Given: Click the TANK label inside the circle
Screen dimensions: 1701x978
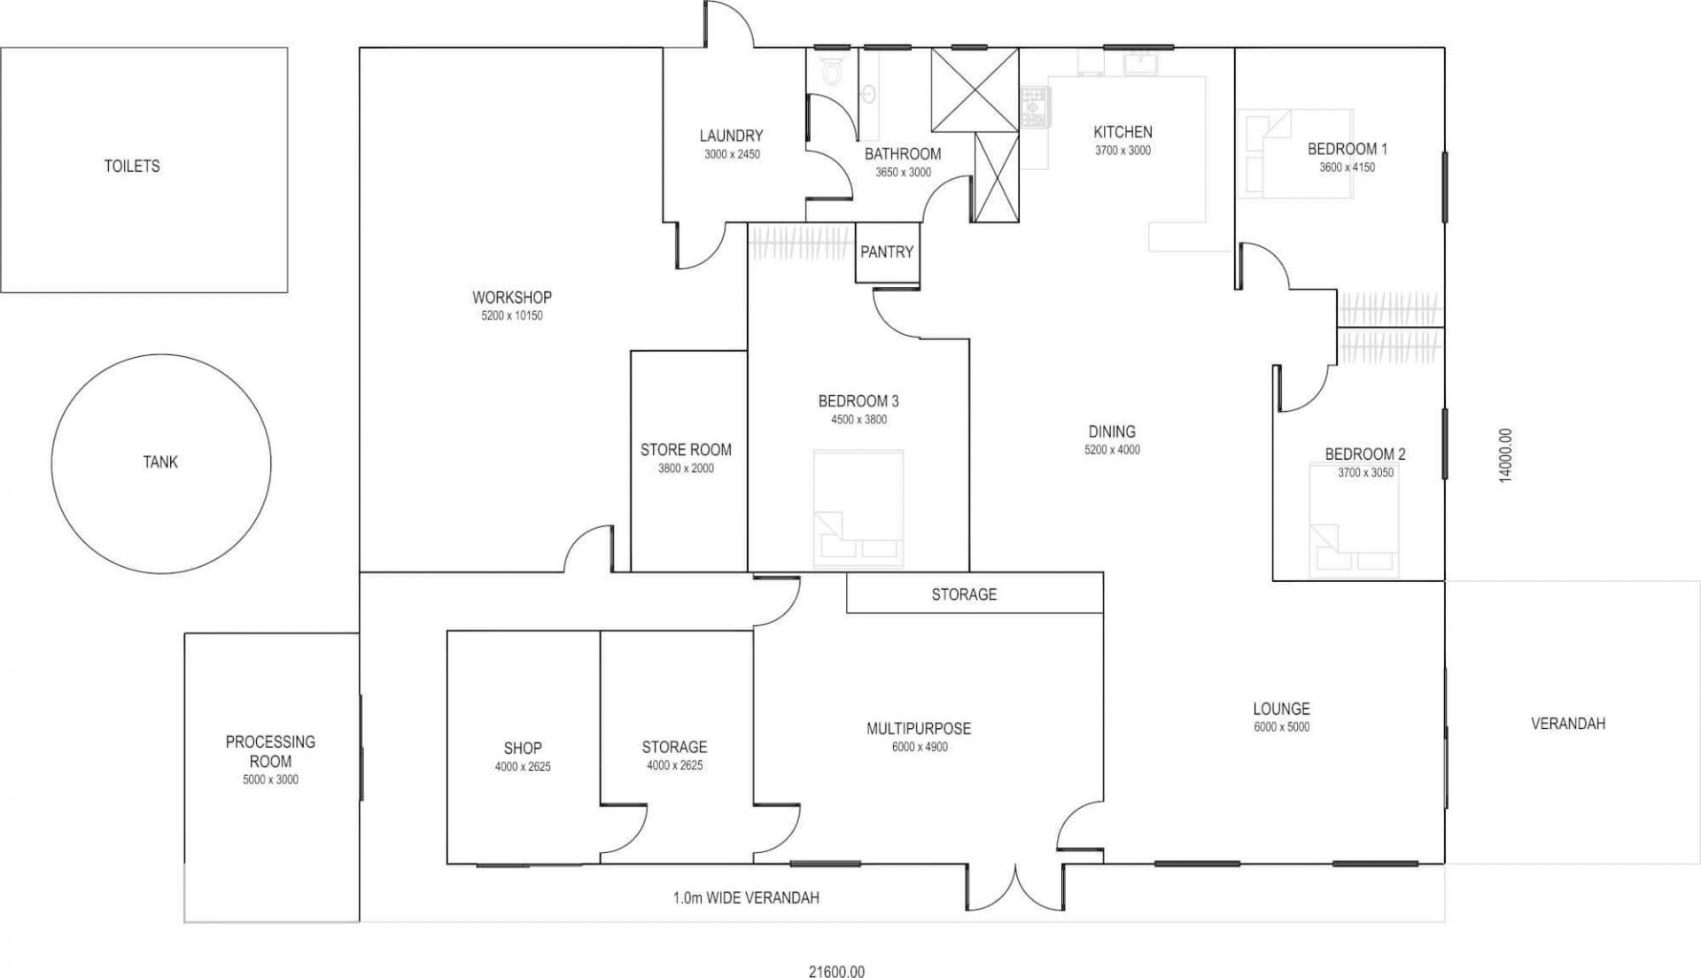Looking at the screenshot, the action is (160, 462).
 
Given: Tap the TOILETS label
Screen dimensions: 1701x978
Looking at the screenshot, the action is (132, 166).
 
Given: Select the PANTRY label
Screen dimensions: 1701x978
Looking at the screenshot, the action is (887, 252).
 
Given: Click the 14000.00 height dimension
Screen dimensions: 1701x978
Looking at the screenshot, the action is (1505, 455).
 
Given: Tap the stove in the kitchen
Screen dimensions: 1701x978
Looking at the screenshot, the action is (1033, 106).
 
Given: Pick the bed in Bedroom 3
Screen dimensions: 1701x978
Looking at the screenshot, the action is (858, 508).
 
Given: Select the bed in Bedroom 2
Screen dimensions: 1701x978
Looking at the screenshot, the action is (1354, 520).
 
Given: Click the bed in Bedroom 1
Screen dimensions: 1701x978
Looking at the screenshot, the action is (1295, 153).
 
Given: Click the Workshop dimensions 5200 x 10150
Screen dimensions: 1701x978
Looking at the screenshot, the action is (512, 315).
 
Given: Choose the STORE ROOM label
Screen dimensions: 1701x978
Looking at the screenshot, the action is (686, 449).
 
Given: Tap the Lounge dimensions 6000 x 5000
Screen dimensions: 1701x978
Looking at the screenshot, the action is (1281, 727).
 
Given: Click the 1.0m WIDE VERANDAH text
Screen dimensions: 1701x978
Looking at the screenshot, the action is (746, 897).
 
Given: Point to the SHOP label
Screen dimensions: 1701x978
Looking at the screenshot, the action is (523, 748).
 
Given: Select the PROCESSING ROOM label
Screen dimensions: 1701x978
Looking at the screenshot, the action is (270, 751).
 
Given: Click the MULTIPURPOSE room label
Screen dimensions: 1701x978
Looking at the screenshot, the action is (919, 728).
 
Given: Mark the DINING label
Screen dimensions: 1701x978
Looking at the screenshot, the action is (1112, 431).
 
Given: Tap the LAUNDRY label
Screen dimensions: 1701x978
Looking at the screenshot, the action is (731, 136).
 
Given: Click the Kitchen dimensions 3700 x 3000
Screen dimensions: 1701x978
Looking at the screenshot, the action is (1122, 151).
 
